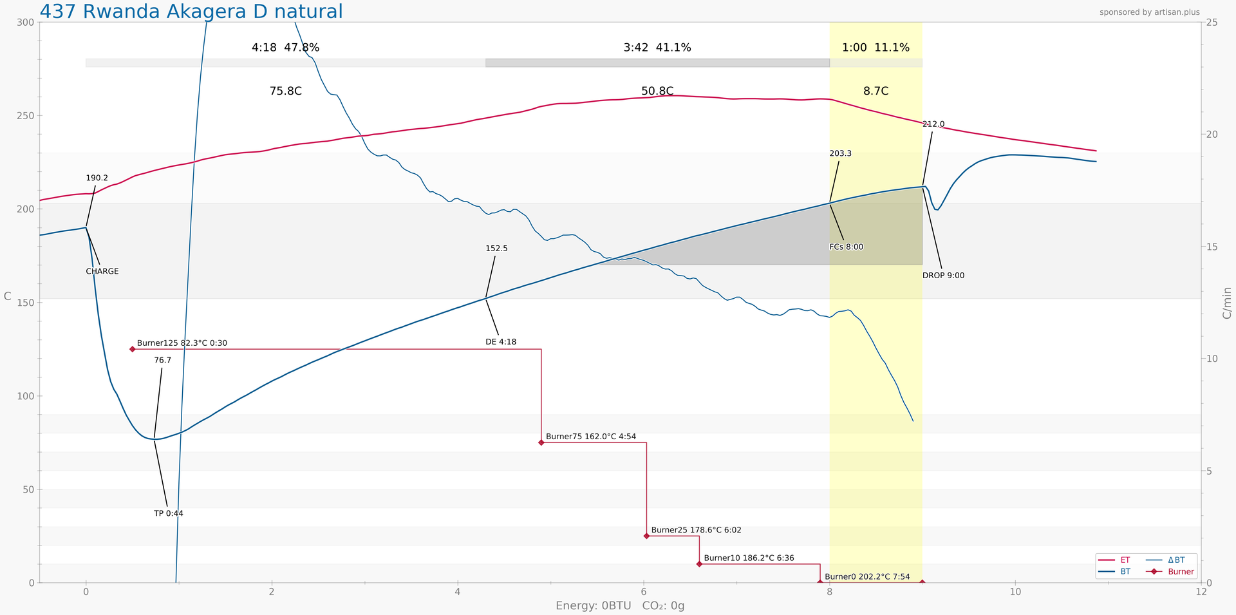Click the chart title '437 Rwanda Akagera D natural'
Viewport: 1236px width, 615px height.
pyautogui.click(x=191, y=12)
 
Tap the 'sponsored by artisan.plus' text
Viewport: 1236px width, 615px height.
pyautogui.click(x=1149, y=12)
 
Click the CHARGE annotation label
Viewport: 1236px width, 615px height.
pyautogui.click(x=102, y=272)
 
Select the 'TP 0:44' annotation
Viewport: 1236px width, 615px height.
pyautogui.click(x=169, y=514)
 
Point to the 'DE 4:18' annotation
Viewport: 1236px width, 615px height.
pyautogui.click(x=501, y=342)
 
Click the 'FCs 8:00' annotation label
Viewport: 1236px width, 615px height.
pyautogui.click(x=847, y=247)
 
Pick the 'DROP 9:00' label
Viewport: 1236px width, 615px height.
pyautogui.click(x=943, y=276)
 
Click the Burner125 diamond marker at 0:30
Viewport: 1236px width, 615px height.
pyautogui.click(x=133, y=349)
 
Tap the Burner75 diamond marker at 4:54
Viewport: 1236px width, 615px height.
pyautogui.click(x=541, y=442)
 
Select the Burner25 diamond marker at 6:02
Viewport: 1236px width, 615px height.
pyautogui.click(x=646, y=536)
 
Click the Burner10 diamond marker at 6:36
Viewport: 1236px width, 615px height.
pyautogui.click(x=699, y=564)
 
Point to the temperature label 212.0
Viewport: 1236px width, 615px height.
pyautogui.click(x=933, y=124)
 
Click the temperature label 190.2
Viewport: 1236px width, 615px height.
pyautogui.click(x=97, y=178)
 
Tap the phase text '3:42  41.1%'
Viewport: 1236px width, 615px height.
pyautogui.click(x=657, y=48)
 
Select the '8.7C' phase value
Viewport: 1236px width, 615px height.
pyautogui.click(x=876, y=91)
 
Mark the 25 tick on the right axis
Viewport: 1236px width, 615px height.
pyautogui.click(x=1212, y=23)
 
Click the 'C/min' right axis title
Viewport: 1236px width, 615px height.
pyautogui.click(x=1227, y=303)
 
